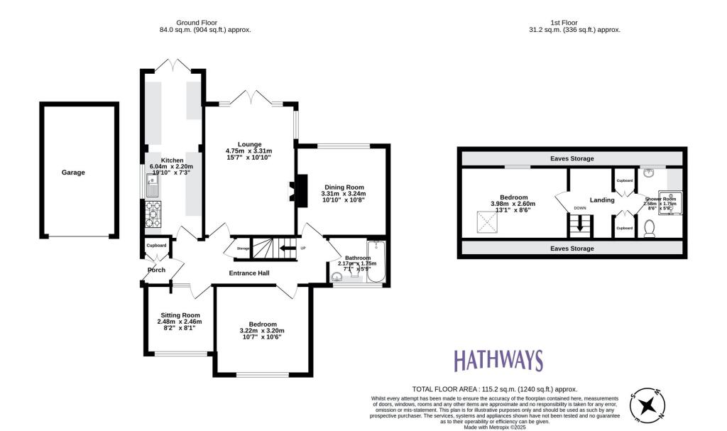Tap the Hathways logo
(x=498, y=361)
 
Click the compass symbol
(x=647, y=405)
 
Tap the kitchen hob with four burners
(x=153, y=214)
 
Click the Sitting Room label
(x=179, y=315)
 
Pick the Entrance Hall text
(x=249, y=273)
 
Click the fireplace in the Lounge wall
(x=293, y=192)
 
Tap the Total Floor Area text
(x=495, y=389)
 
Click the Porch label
(x=156, y=270)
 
